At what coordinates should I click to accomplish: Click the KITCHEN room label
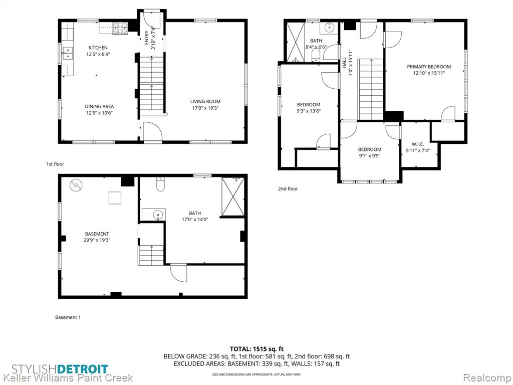point(98,48)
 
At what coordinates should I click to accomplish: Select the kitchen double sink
point(68,53)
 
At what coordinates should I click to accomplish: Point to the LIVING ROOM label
point(205,101)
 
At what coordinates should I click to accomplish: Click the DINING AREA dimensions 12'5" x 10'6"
point(100,113)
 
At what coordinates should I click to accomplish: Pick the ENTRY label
point(146,38)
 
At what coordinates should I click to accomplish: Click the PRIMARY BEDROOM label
point(429,67)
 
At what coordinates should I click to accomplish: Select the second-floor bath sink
point(329,28)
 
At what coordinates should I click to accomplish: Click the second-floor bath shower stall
point(296,42)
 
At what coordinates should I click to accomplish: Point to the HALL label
point(344,63)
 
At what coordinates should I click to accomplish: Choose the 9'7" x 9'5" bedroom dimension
point(370,156)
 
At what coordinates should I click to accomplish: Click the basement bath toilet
point(160,184)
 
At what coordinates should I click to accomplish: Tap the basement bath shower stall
point(233,197)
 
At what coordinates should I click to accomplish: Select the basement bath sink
point(158,215)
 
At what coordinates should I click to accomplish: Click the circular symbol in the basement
point(76,185)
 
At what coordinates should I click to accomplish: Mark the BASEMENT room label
point(97,234)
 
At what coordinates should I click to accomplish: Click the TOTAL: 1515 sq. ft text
point(256,349)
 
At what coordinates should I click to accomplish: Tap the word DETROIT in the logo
point(83,369)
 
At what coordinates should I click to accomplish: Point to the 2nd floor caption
point(288,188)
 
